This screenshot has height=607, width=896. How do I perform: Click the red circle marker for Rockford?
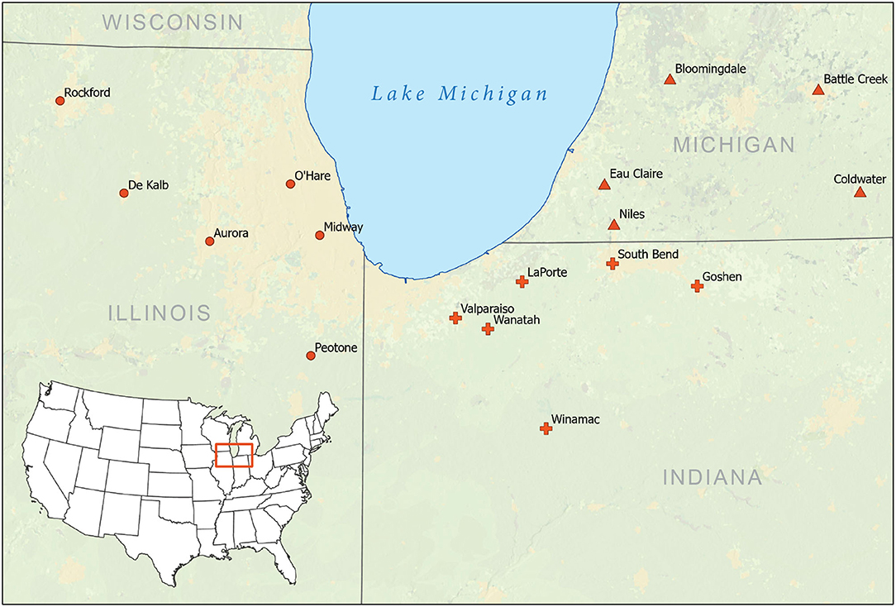tap(60, 101)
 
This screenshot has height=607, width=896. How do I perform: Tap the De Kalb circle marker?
tap(124, 193)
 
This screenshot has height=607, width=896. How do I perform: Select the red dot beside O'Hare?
tap(290, 184)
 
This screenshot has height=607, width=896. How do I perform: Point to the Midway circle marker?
tap(320, 235)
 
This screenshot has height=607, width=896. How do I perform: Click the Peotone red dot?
tap(311, 356)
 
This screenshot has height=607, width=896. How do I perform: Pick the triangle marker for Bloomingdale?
tap(670, 79)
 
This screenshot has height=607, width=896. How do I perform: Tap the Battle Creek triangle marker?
tap(818, 89)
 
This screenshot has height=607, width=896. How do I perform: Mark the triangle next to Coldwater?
tap(860, 192)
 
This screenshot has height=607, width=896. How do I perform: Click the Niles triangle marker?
tap(613, 224)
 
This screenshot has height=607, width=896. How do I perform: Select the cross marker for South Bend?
tap(612, 264)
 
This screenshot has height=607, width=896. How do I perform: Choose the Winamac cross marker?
tap(546, 428)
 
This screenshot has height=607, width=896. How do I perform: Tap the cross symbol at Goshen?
tap(697, 286)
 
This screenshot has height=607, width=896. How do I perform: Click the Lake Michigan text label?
tap(460, 93)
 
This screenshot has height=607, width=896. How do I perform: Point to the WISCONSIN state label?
tap(173, 22)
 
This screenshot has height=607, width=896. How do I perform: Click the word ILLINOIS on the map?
tap(160, 313)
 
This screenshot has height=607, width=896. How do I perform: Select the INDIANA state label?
tap(712, 477)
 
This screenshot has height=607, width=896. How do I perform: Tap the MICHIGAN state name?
tap(733, 146)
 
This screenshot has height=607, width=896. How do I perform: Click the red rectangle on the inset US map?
tap(233, 456)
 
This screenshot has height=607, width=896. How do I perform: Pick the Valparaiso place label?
tap(487, 308)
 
